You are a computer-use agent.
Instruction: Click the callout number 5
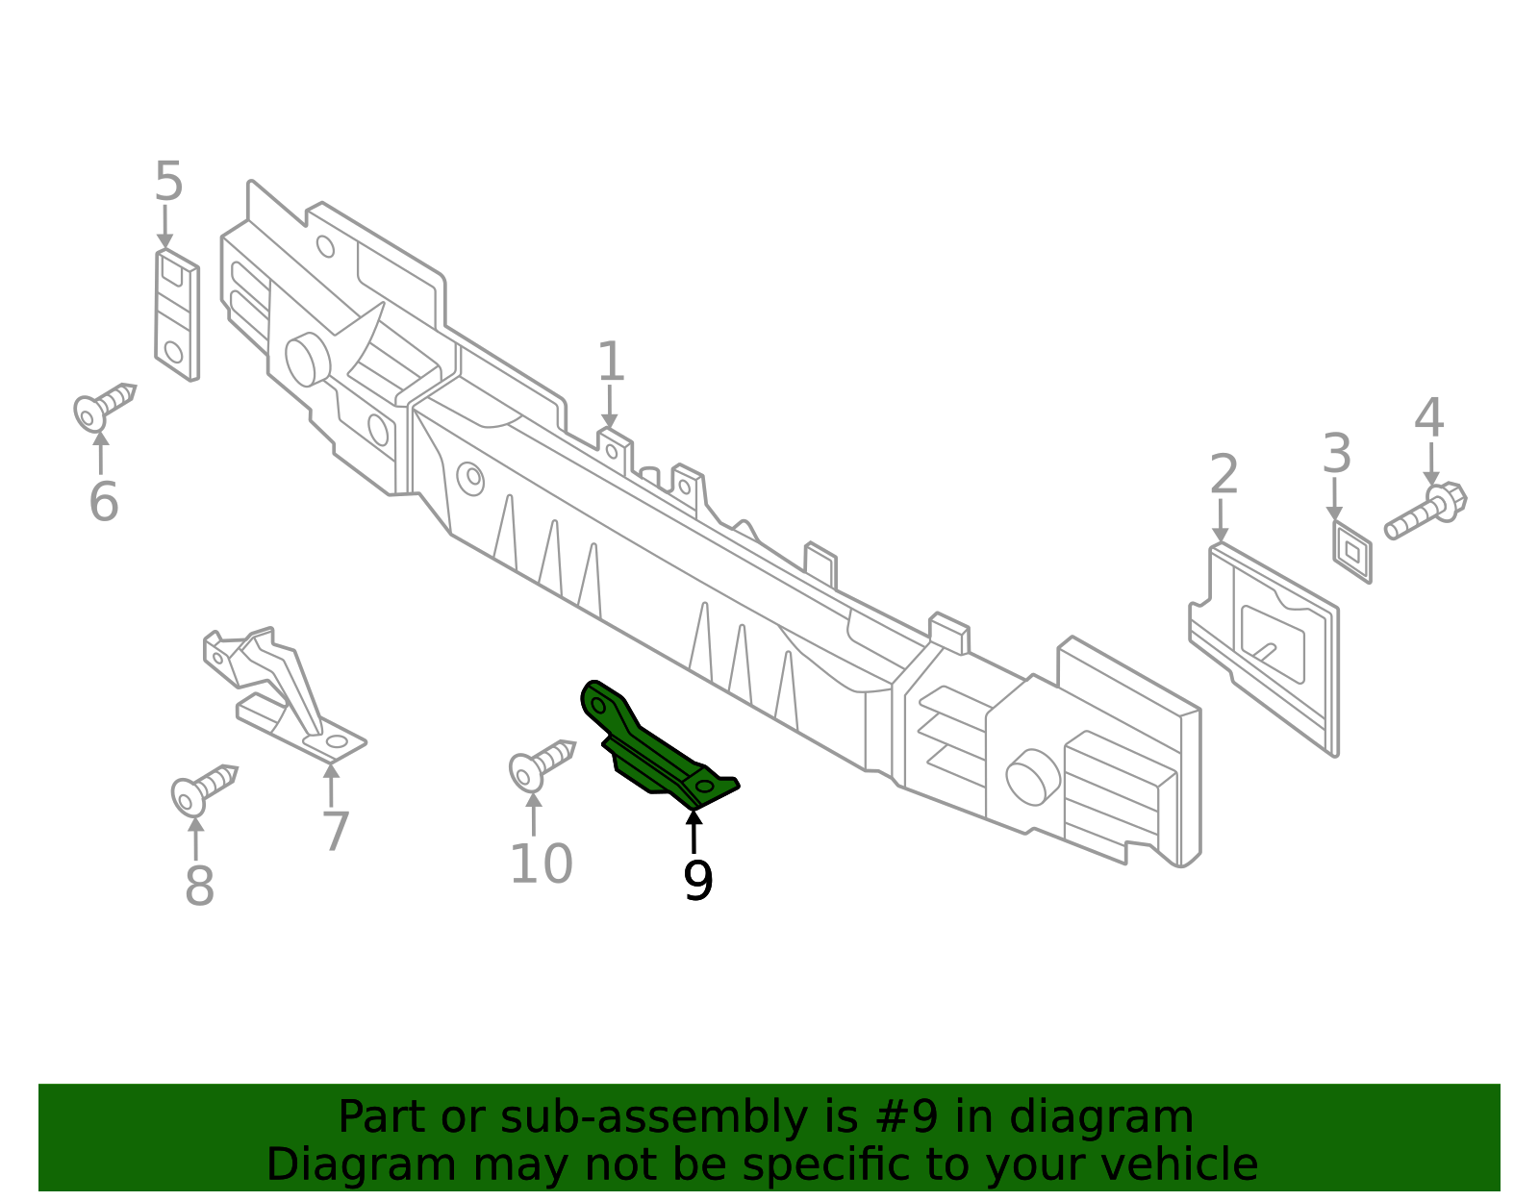pyautogui.click(x=169, y=181)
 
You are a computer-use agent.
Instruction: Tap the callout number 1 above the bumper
pyautogui.click(x=611, y=362)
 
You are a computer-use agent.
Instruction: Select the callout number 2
pyautogui.click(x=1224, y=473)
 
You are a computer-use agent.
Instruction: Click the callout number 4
pyautogui.click(x=1428, y=417)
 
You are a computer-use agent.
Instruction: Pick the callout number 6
pyautogui.click(x=104, y=501)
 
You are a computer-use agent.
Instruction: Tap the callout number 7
pyautogui.click(x=336, y=831)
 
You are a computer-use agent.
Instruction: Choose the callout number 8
pyautogui.click(x=199, y=885)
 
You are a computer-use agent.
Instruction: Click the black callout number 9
pyautogui.click(x=697, y=880)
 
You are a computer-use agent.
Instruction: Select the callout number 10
pyautogui.click(x=542, y=863)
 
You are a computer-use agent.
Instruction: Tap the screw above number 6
pyautogui.click(x=104, y=406)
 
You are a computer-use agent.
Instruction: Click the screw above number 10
pyautogui.click(x=542, y=765)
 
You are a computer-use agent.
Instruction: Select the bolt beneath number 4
pyautogui.click(x=1425, y=511)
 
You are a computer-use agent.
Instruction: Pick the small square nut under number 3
pyautogui.click(x=1352, y=552)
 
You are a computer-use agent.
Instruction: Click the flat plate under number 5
pyautogui.click(x=177, y=315)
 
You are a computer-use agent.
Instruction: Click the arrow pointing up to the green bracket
pyautogui.click(x=694, y=832)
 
